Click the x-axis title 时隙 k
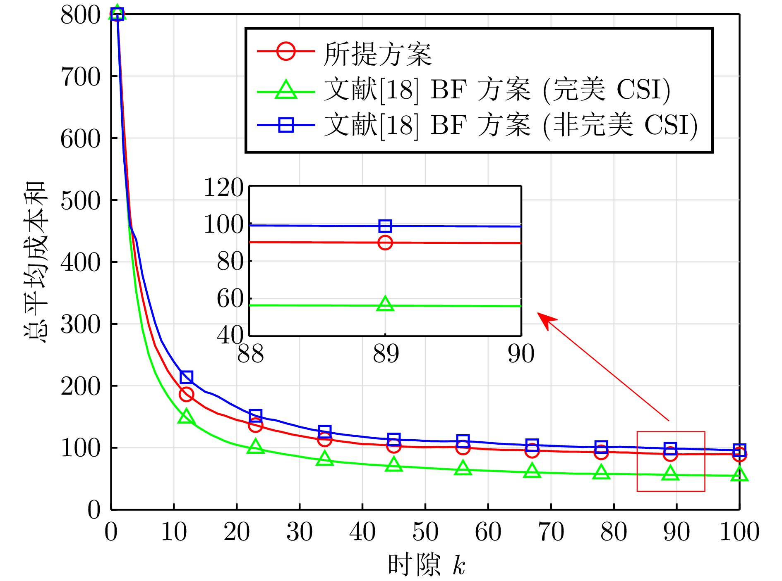tap(426, 565)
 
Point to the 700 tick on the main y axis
tap(81, 77)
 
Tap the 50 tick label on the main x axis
tap(425, 532)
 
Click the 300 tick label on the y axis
tap(81, 324)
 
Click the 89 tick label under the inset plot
tap(386, 354)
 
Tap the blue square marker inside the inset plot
tap(385, 226)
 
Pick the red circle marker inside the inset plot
tap(385, 243)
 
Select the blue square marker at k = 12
tap(187, 377)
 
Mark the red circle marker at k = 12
tap(186, 394)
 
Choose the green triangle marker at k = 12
tap(186, 417)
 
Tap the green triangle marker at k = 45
tap(394, 465)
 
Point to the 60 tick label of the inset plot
tap(230, 298)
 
